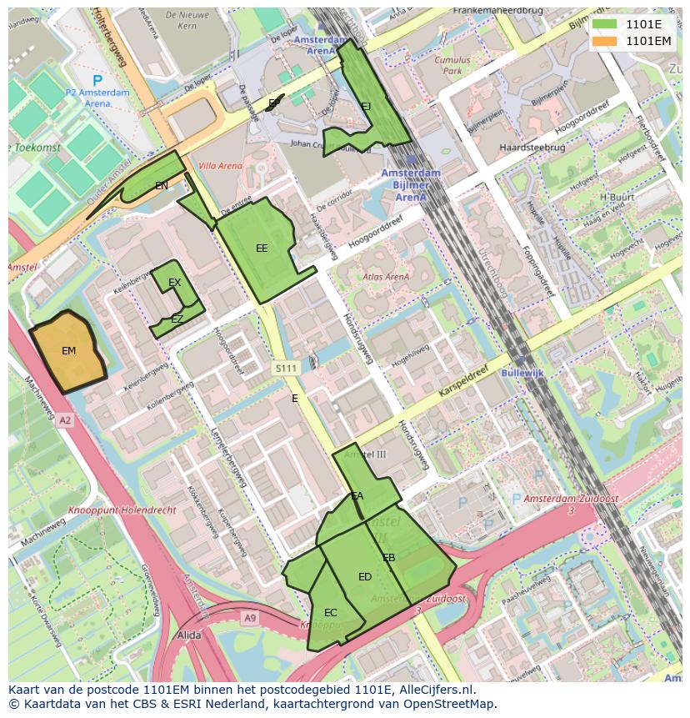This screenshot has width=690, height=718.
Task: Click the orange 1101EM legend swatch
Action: [x=605, y=40]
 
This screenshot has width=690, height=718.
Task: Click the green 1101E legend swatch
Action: [x=605, y=24]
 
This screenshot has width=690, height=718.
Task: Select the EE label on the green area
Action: [x=262, y=249]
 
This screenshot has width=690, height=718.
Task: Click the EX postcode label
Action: [x=174, y=283]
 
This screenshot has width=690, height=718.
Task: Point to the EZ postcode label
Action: [x=177, y=319]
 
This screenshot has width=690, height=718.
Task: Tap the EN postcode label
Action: [x=162, y=186]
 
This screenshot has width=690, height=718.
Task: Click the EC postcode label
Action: [x=331, y=613]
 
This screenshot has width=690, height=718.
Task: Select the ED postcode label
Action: [x=365, y=577]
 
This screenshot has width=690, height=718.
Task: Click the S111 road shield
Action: [x=286, y=368]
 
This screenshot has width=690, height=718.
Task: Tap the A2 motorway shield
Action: [x=65, y=421]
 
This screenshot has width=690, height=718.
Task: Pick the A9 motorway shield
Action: [x=250, y=617]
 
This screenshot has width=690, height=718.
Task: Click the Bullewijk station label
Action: [x=522, y=373]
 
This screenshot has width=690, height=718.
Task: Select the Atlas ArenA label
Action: [x=386, y=277]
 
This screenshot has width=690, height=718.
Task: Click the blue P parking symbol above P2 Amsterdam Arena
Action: [x=97, y=80]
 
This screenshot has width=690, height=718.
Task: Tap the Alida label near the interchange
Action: [x=189, y=635]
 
